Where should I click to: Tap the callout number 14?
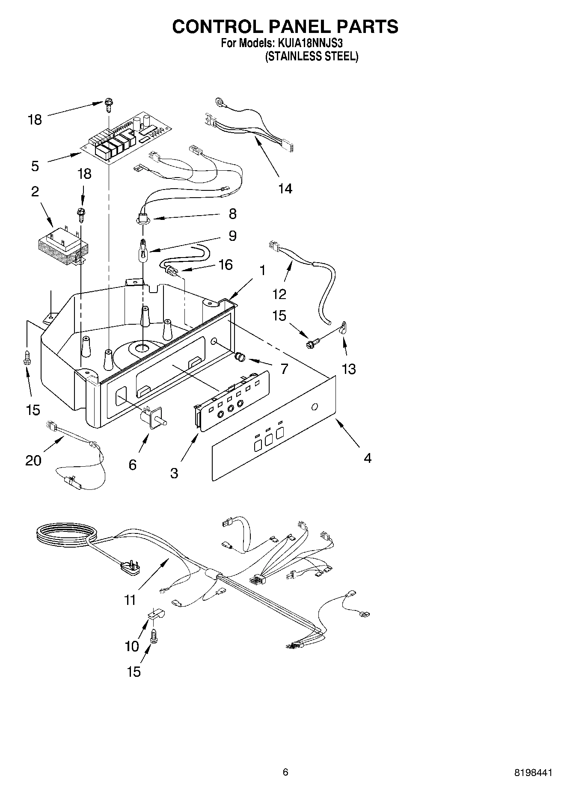285,188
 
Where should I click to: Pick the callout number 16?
225,265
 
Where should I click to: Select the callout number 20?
33,460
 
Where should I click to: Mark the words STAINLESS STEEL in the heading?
312,56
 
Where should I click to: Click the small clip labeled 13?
343,328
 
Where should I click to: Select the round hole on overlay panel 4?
315,406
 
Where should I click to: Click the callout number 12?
279,294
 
